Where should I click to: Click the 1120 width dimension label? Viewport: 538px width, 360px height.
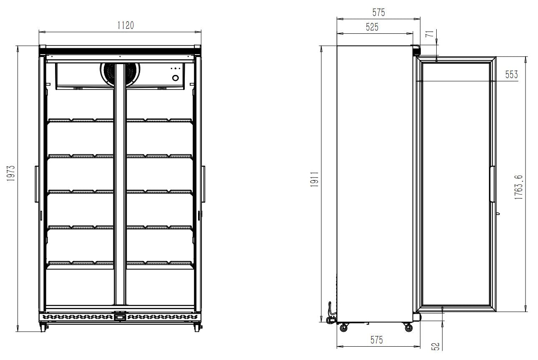125,25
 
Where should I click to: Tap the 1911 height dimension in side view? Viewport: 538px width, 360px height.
315,179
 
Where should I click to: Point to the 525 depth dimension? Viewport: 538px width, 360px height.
372,27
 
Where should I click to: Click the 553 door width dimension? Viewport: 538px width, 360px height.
511,75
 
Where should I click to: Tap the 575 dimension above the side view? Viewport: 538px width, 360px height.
379,12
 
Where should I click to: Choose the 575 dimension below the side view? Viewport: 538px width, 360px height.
376,340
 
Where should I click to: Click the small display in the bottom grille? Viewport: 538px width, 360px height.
120,317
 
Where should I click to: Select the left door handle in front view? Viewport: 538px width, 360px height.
36,184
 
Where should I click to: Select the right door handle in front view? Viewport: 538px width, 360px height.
204,184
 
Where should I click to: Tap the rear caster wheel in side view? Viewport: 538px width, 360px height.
344,328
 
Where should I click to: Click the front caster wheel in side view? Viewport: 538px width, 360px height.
408,328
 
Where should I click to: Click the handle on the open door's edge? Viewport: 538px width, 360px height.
492,184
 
